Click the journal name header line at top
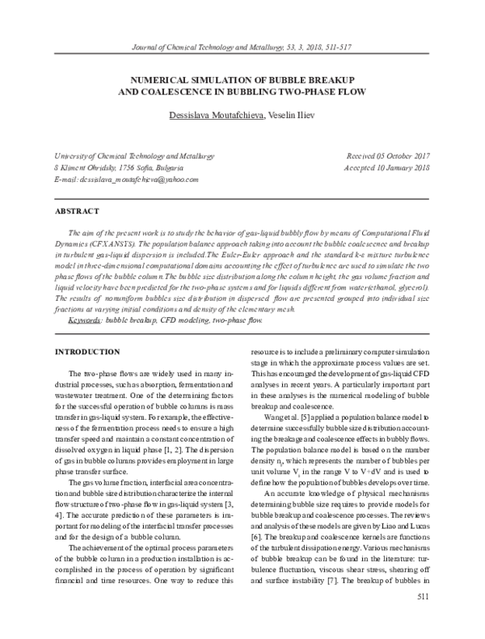click(x=242, y=49)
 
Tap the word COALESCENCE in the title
click(x=173, y=94)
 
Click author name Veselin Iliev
click(x=291, y=120)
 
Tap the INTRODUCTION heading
click(x=88, y=353)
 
